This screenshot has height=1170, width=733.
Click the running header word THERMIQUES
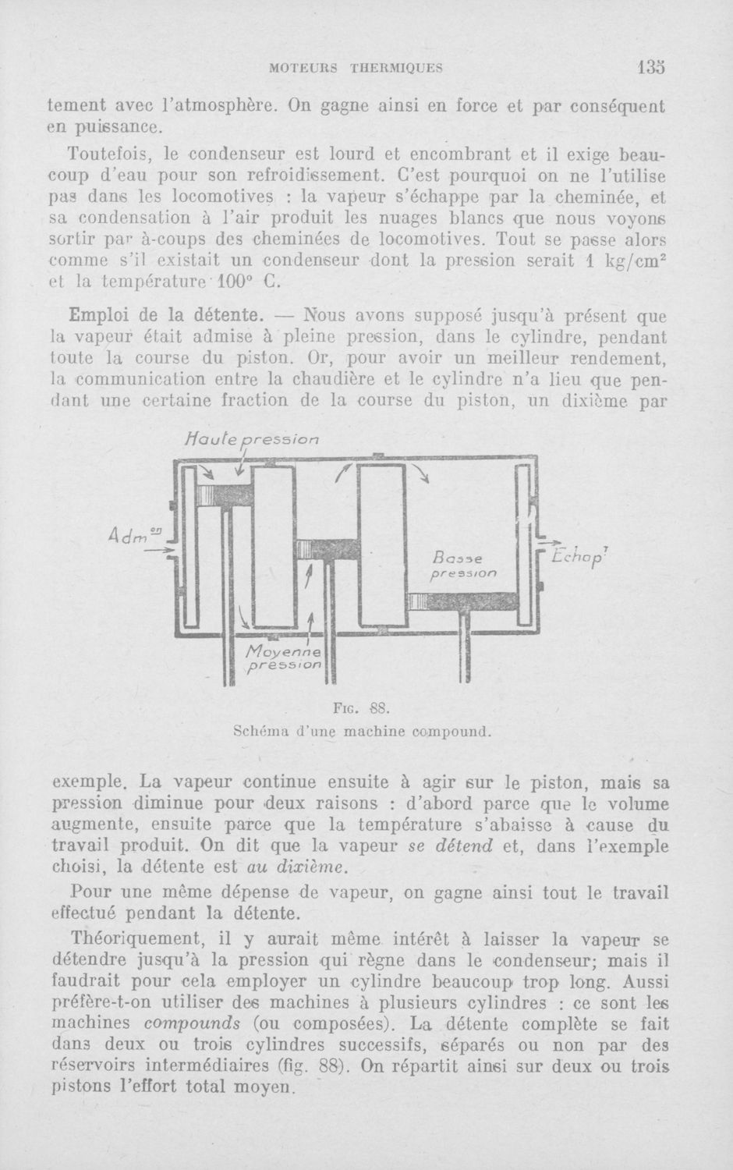click(398, 68)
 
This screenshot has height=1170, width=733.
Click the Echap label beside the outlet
click(579, 558)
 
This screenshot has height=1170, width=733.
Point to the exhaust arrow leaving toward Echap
click(545, 542)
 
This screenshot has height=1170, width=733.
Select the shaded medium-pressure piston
click(325, 549)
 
